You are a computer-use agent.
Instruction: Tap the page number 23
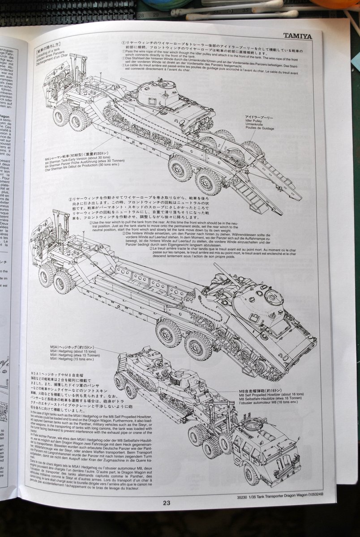pos(166,503)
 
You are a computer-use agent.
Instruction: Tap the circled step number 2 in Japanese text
pos(71,199)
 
